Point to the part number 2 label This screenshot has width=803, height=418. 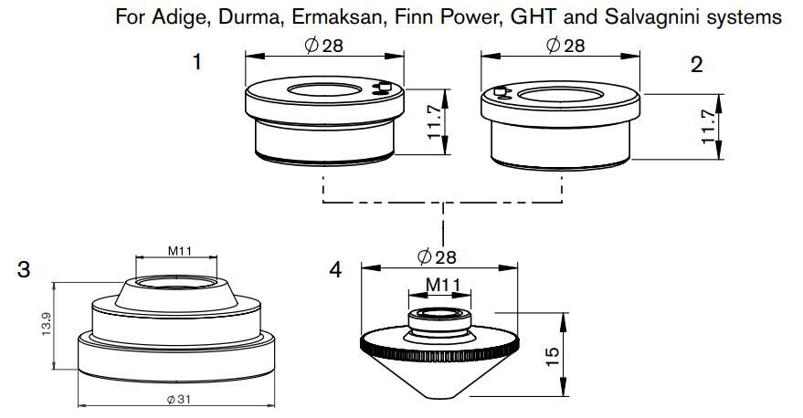pos(697,66)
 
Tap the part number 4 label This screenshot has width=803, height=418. pos(337,270)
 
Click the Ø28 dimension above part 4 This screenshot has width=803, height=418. pos(436,257)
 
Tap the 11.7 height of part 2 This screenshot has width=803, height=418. pos(708,127)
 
